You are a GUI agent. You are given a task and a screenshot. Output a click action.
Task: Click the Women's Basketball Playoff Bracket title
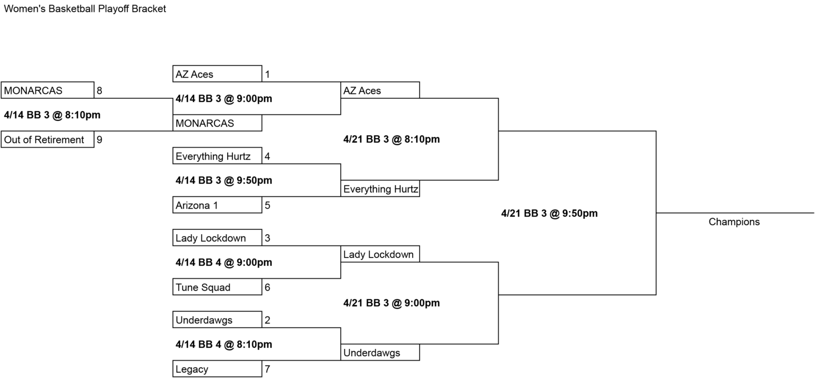click(85, 8)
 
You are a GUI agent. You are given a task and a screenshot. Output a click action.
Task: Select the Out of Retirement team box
click(48, 140)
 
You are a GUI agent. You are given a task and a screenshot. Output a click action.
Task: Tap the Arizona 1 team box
click(217, 205)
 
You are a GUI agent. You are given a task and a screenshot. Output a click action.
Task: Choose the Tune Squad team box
click(217, 287)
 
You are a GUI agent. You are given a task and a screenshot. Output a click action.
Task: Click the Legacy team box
click(217, 369)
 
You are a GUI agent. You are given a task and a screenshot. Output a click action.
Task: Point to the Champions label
click(734, 222)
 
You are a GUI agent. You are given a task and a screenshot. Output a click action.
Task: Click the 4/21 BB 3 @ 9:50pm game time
click(549, 213)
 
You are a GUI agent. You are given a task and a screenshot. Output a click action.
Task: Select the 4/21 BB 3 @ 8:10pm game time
click(392, 139)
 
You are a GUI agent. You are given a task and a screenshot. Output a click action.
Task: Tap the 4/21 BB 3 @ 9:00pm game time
click(392, 303)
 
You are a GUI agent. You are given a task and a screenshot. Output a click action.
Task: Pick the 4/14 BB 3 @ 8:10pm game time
click(52, 115)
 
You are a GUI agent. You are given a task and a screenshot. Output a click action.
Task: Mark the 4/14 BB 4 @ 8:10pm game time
click(224, 345)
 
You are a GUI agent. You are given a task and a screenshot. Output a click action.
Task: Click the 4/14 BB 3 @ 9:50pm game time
click(224, 181)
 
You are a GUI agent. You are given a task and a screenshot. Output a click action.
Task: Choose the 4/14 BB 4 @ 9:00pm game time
click(224, 263)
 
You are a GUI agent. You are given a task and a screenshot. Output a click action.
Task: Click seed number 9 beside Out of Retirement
click(99, 140)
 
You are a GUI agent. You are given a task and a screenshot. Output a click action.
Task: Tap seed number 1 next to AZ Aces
click(267, 74)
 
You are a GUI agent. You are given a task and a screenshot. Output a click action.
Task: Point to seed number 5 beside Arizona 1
click(267, 205)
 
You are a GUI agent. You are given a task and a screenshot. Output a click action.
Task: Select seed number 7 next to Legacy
click(267, 370)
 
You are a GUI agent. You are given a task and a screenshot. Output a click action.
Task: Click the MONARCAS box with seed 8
click(48, 90)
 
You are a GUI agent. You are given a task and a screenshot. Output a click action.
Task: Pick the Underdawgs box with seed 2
click(217, 320)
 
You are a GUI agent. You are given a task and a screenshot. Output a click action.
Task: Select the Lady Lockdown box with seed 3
click(217, 238)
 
